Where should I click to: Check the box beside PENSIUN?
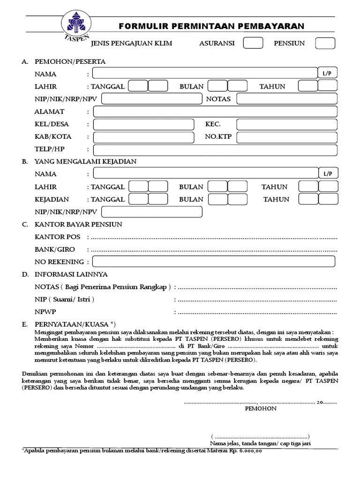click(x=325, y=43)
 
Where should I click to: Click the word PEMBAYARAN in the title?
click(x=273, y=26)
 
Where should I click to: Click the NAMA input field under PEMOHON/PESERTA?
click(x=205, y=73)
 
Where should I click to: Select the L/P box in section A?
click(x=327, y=74)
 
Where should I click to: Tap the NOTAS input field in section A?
click(x=287, y=99)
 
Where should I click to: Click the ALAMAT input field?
click(x=215, y=112)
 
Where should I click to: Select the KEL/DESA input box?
click(x=143, y=124)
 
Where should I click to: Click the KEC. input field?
click(x=287, y=124)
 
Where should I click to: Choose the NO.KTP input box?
click(x=287, y=137)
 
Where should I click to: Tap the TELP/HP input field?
click(x=215, y=150)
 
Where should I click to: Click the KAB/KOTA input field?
click(x=143, y=137)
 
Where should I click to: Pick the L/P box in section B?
click(x=327, y=174)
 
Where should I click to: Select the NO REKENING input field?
click(x=214, y=262)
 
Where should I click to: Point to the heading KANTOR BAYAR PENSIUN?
click(x=78, y=225)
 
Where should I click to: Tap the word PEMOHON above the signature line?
click(x=261, y=409)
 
